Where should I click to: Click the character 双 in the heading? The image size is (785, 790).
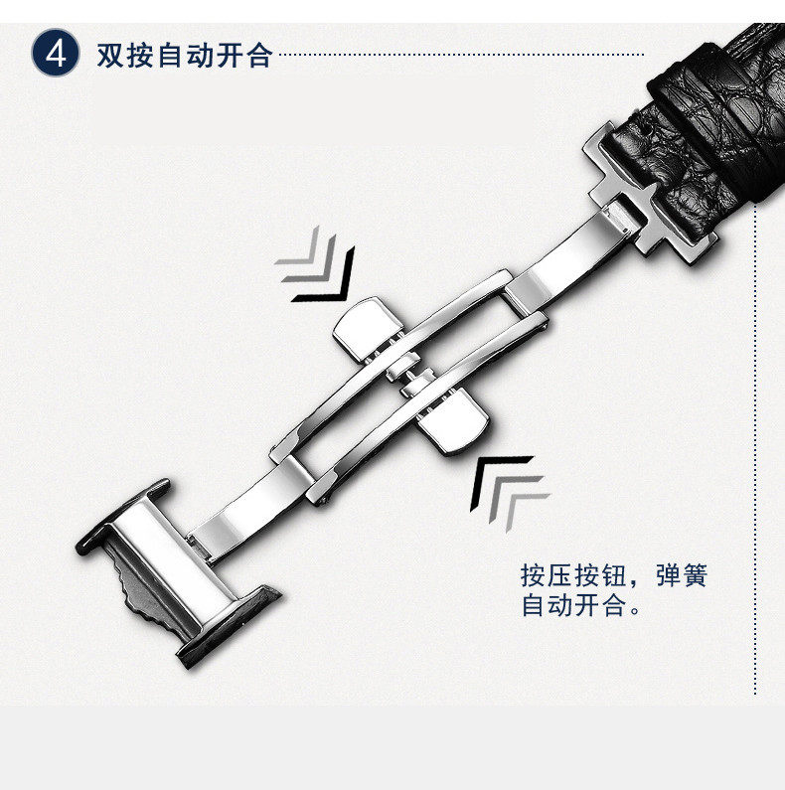109,54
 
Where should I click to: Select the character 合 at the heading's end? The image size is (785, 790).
258,54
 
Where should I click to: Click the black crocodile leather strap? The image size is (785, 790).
715,129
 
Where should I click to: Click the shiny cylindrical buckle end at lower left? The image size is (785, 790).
169,566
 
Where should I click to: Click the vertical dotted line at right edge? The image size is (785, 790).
757,447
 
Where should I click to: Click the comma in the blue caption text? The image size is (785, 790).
638,582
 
